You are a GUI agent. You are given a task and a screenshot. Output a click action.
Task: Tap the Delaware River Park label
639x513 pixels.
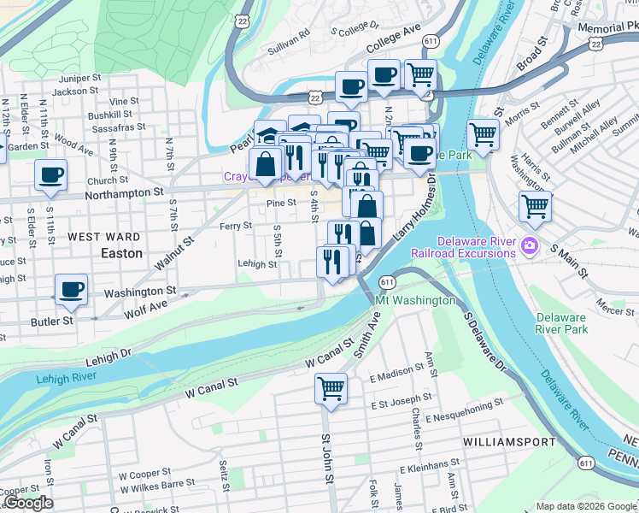(561, 322)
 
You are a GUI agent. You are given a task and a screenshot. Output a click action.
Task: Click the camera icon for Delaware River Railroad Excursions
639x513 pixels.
(530, 246)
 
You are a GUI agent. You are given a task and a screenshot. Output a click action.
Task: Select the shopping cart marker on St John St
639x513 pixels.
(331, 389)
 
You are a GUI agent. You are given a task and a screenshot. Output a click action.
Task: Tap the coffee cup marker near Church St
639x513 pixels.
(50, 174)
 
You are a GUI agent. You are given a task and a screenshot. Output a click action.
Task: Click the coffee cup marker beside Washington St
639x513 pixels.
(71, 289)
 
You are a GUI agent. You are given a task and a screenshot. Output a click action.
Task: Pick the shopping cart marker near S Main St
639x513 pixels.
(535, 205)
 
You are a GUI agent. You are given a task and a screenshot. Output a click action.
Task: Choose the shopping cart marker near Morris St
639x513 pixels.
(484, 134)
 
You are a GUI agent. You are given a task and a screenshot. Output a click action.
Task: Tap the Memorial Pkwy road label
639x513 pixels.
(607, 27)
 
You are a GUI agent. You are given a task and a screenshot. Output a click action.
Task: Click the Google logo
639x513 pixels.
(28, 503)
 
